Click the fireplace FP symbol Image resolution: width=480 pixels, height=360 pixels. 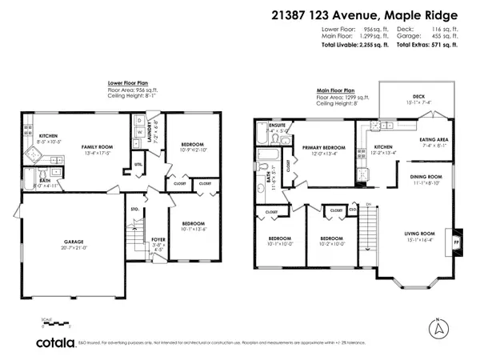point(457,238)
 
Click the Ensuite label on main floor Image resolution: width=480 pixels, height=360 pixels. point(277,126)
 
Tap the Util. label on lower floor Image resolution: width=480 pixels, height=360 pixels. point(138,165)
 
